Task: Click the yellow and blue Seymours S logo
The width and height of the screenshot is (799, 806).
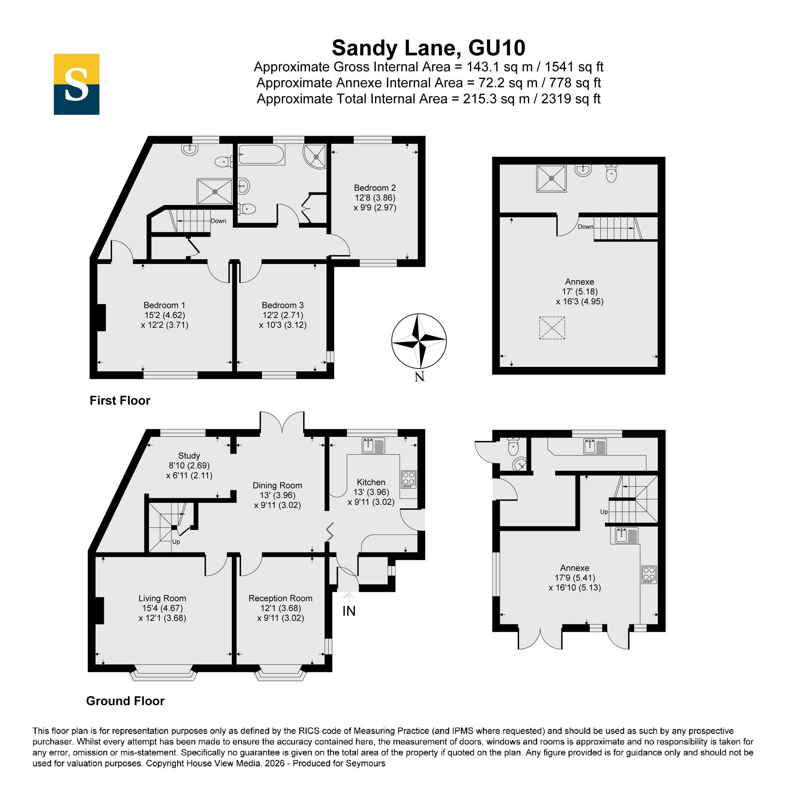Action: pos(76,84)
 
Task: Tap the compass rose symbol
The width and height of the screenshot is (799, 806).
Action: pos(419,341)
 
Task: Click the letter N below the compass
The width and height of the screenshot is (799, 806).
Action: pos(420,376)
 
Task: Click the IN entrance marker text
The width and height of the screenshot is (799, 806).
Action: pos(349,611)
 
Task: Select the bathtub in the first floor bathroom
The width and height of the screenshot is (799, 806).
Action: pos(262,155)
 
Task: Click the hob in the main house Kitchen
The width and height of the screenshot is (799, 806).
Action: pos(408,479)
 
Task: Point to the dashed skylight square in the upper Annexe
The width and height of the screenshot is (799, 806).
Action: pos(552,328)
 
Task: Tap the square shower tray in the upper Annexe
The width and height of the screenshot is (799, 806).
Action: pos(552,178)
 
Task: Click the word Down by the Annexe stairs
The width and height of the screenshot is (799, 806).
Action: pos(585,227)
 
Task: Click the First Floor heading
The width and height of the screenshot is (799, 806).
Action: pos(120,401)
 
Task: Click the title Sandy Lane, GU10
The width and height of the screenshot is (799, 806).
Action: pos(428,48)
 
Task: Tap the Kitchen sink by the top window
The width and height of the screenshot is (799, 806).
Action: pos(373,446)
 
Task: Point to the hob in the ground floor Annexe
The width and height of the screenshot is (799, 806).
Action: pos(649,574)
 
